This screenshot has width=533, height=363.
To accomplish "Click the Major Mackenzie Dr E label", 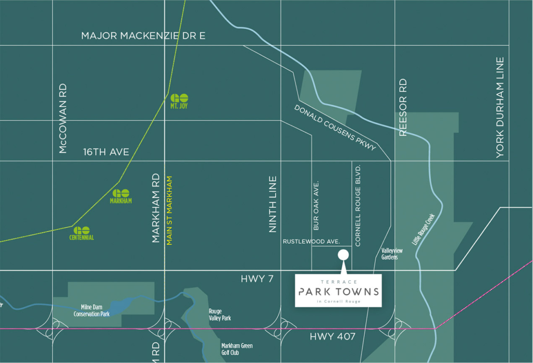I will (x=143, y=36).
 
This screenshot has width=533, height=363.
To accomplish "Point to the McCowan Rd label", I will (x=63, y=119).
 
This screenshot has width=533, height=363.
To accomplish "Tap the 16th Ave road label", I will (x=106, y=152).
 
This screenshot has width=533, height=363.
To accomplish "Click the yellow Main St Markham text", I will (x=169, y=210).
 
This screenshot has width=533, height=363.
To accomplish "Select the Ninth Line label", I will (x=273, y=204).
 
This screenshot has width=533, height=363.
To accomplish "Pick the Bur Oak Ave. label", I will (x=317, y=206).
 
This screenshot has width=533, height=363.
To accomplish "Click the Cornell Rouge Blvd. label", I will (x=357, y=205).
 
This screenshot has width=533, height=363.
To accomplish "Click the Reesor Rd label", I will (x=404, y=107).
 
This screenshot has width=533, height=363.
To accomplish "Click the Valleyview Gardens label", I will (x=392, y=254).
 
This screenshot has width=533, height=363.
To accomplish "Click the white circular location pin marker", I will (x=343, y=254).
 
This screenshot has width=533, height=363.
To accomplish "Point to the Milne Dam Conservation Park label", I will (x=92, y=310).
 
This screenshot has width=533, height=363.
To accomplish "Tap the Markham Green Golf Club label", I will (x=236, y=349).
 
